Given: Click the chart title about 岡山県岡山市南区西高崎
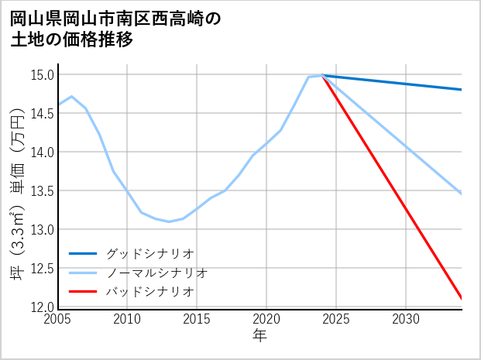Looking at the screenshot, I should click(x=116, y=29).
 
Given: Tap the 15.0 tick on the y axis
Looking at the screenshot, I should click(x=43, y=75).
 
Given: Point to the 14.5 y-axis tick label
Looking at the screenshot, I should click(x=43, y=114).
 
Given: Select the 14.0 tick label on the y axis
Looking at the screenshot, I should click(x=43, y=153).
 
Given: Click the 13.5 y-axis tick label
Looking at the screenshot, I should click(x=43, y=191).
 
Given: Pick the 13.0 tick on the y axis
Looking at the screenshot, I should click(x=43, y=230).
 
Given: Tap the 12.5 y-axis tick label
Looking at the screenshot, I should click(x=43, y=269).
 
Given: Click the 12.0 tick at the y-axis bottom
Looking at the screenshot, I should click(x=43, y=307).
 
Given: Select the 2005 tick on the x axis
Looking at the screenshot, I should click(x=58, y=319).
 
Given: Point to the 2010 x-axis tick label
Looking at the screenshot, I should click(x=127, y=319).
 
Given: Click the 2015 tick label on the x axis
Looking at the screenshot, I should click(x=197, y=319).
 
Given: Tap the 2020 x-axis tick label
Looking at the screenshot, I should click(x=266, y=319).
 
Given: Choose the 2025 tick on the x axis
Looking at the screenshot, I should click(x=336, y=319).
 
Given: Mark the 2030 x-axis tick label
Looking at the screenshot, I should click(x=406, y=319).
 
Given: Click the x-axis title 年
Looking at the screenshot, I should click(x=259, y=336).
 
